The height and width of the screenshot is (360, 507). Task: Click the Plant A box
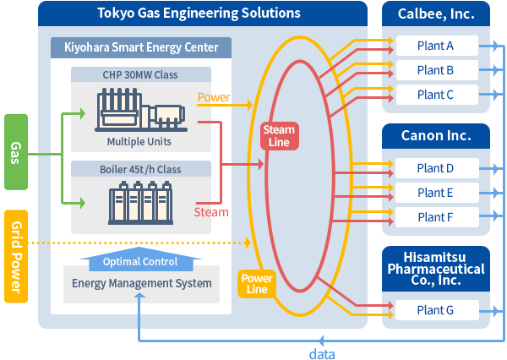pyautogui.click(x=436, y=46)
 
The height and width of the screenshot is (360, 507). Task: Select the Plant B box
pyautogui.click(x=436, y=70)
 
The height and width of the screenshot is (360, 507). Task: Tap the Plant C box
pyautogui.click(x=436, y=95)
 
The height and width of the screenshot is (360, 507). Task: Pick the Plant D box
pyautogui.click(x=436, y=168)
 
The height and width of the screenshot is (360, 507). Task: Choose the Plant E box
pyautogui.click(x=436, y=193)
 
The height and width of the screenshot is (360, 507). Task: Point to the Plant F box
pyautogui.click(x=436, y=217)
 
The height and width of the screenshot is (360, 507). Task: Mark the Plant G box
pyautogui.click(x=436, y=310)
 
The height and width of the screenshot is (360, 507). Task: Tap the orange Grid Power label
pyautogui.click(x=14, y=256)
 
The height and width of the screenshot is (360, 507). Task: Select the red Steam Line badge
pyautogui.click(x=279, y=136)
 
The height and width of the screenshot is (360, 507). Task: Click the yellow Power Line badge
pyautogui.click(x=256, y=284)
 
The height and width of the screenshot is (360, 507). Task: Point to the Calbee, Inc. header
pyautogui.click(x=435, y=14)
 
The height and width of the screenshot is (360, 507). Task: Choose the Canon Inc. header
pyautogui.click(x=435, y=135)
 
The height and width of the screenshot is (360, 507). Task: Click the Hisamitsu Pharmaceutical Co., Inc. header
pyautogui.click(x=435, y=269)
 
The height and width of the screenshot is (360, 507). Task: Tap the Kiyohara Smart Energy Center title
pyautogui.click(x=135, y=47)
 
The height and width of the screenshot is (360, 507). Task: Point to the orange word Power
pyautogui.click(x=214, y=97)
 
